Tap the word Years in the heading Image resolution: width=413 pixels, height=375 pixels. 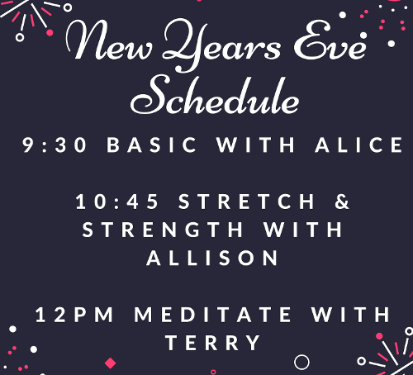point(221,44)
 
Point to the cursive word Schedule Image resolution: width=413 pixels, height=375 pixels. point(215,95)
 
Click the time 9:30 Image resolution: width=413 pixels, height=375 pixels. point(55,145)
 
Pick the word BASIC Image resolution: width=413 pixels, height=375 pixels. point(151,145)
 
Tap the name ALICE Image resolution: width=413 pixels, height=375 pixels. point(359,145)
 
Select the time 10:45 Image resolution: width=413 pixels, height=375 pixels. point(117,202)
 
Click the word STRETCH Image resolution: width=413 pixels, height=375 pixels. point(246,202)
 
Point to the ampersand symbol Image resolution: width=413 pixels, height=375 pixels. point(342,202)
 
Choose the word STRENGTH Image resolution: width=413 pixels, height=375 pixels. point(163,230)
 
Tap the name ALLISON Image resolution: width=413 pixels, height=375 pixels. point(212,258)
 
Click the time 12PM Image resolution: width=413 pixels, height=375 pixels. point(74,315)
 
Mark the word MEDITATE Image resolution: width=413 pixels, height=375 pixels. point(213,315)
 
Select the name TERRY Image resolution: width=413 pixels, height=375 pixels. point(213,343)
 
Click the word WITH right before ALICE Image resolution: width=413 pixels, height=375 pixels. point(256,145)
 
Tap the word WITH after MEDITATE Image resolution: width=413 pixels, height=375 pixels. point(350,315)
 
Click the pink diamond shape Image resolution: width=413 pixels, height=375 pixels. point(111,363)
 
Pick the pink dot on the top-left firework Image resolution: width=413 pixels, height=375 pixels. point(50,33)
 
